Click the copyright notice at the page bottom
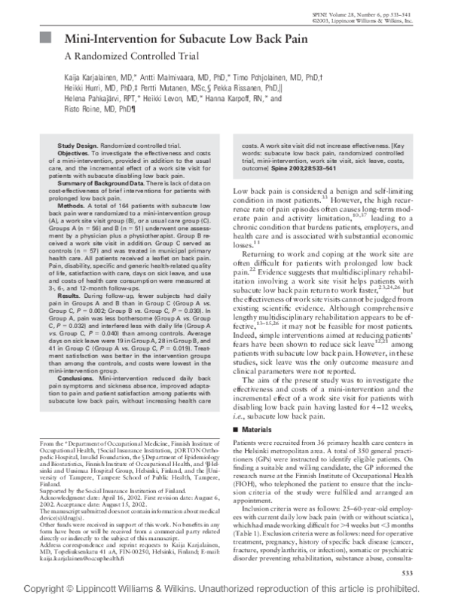click(x=226, y=591)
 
